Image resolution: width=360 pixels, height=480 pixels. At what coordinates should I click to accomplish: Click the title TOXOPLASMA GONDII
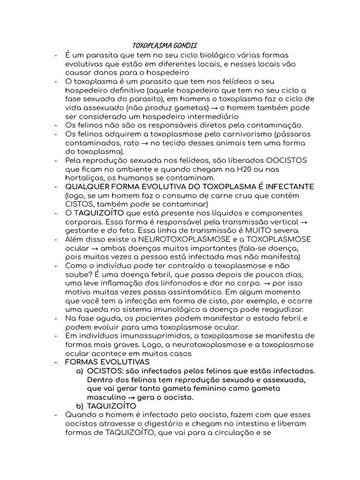[x=164, y=46]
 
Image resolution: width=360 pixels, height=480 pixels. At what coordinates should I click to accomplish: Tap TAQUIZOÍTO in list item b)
[x=112, y=406]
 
